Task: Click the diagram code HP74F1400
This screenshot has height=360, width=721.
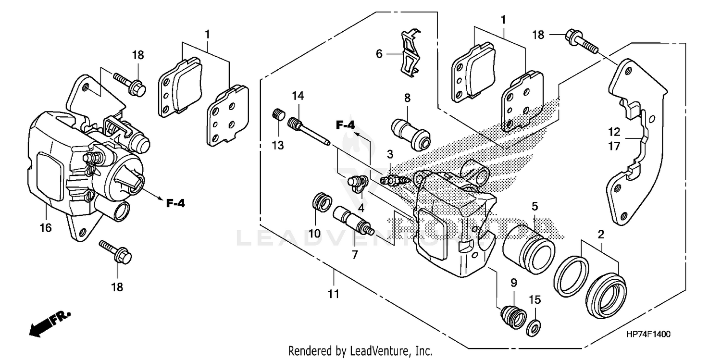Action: pyautogui.click(x=648, y=334)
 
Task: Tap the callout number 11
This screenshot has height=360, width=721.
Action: pyautogui.click(x=334, y=293)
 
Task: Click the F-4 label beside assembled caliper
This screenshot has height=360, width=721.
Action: pyautogui.click(x=175, y=203)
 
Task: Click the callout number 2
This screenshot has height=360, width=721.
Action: pyautogui.click(x=600, y=235)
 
